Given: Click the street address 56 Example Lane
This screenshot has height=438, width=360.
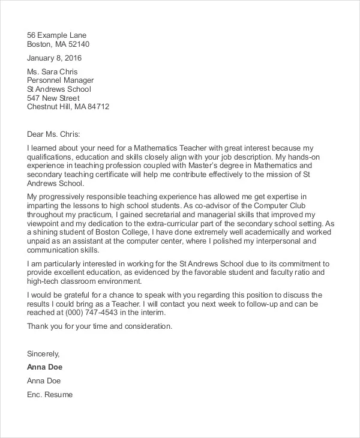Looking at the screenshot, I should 56,34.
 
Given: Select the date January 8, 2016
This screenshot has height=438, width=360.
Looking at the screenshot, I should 55,58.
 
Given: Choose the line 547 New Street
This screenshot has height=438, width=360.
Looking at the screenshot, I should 53,98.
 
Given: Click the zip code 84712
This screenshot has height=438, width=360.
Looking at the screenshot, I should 98,107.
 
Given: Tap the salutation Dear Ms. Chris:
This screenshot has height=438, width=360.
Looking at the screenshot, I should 53,134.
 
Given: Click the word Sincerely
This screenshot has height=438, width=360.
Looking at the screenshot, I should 44,353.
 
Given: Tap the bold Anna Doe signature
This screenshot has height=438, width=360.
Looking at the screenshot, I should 45,367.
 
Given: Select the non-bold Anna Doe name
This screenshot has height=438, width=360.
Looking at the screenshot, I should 44,380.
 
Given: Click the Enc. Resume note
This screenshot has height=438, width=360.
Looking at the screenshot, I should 50,394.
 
